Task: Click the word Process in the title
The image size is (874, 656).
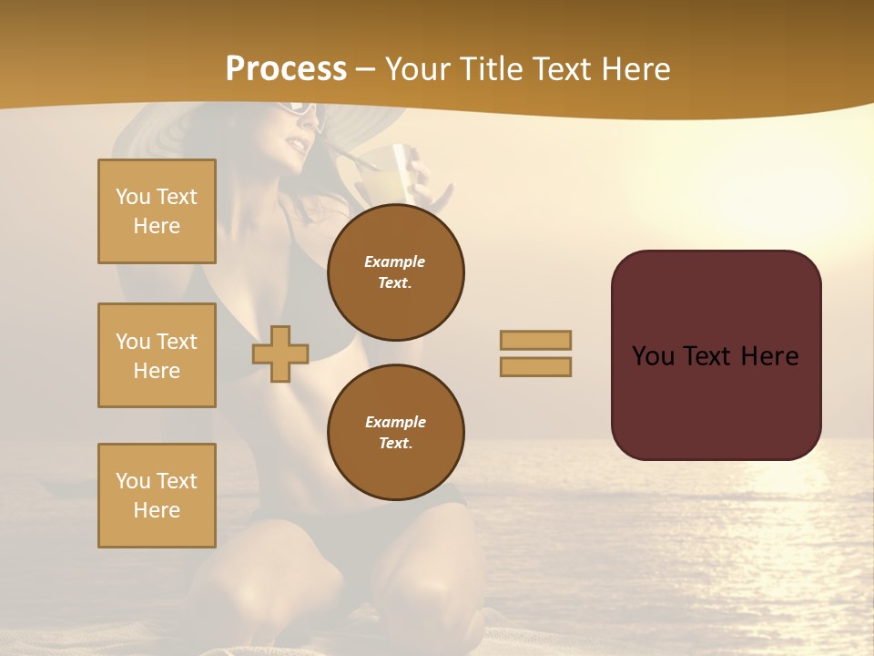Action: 286,69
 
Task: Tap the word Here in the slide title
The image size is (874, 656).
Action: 635,69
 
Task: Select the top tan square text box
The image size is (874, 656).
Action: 157,211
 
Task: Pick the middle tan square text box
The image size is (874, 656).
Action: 157,355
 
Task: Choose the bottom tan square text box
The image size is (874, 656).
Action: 157,496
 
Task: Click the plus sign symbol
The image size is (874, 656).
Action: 280,354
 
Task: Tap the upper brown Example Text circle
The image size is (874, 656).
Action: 396,272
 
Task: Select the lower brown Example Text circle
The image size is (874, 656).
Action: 396,433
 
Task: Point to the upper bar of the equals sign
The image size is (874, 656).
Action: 535,340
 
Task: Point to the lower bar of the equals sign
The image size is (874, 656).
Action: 535,367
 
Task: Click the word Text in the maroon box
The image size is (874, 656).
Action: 714,356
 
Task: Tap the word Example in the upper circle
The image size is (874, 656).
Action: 395,261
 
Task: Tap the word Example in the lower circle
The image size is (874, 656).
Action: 395,422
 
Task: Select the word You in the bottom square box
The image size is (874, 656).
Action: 133,481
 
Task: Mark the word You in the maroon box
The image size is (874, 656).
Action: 653,356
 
